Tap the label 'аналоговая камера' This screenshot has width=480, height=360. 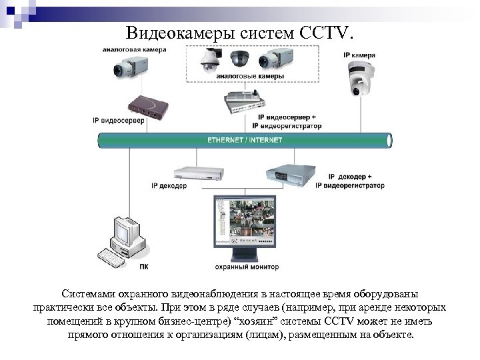pyautogui.click(x=129, y=49)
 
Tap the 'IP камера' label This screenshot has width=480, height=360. pyautogui.click(x=359, y=54)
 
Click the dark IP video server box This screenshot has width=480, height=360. pyautogui.click(x=146, y=105)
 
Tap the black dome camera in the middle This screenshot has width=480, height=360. pyautogui.click(x=239, y=61)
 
